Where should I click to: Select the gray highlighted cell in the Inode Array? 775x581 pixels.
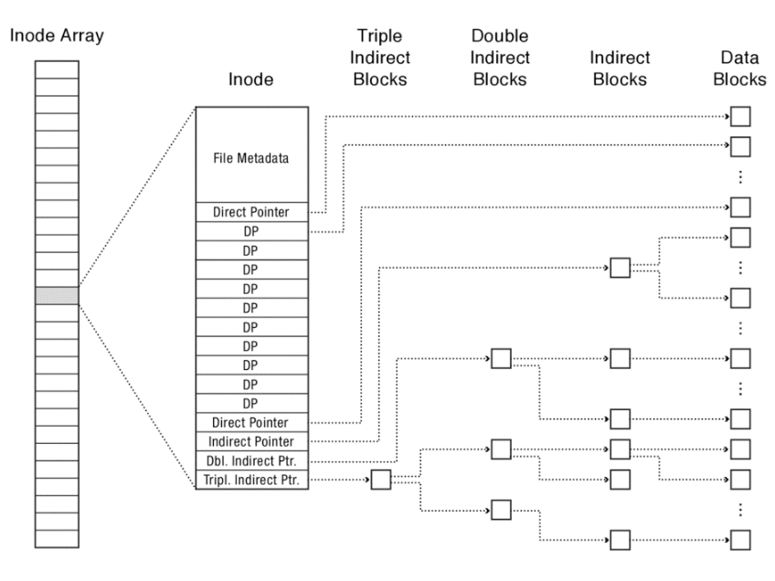pyautogui.click(x=57, y=295)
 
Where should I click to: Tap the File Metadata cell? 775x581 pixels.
pyautogui.click(x=251, y=158)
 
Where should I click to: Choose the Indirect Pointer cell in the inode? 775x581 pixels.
pyautogui.click(x=251, y=441)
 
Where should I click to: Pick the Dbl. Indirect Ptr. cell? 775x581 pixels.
pyautogui.click(x=251, y=460)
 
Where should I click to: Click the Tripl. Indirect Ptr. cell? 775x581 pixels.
pyautogui.click(x=251, y=480)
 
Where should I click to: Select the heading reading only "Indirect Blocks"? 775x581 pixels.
pyautogui.click(x=620, y=69)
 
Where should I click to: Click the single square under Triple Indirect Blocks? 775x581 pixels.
pyautogui.click(x=380, y=480)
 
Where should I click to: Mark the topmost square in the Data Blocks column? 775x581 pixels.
pyautogui.click(x=739, y=117)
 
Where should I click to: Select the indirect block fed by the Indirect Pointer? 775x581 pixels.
pyautogui.click(x=620, y=268)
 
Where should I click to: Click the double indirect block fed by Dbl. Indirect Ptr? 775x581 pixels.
pyautogui.click(x=501, y=358)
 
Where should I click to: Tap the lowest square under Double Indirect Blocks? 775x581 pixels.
pyautogui.click(x=501, y=510)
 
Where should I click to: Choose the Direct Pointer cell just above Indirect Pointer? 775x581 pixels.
pyautogui.click(x=251, y=423)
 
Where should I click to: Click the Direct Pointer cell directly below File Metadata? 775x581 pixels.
pyautogui.click(x=251, y=212)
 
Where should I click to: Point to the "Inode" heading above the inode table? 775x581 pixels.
pyautogui.click(x=251, y=80)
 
